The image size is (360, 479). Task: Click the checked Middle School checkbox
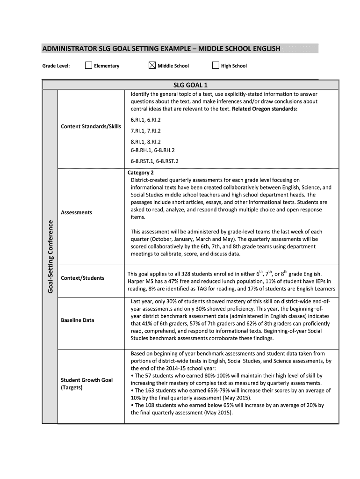[152, 65]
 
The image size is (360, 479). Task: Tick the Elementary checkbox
[88, 65]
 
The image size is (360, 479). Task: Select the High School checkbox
[216, 65]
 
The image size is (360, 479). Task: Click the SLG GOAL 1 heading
[190, 85]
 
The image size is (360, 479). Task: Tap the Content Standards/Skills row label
[91, 127]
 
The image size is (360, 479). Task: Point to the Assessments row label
[76, 212]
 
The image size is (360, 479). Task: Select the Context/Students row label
[82, 278]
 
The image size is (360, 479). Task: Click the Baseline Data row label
[77, 320]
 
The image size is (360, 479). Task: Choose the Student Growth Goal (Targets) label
[86, 384]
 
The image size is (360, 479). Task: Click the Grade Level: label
[56, 66]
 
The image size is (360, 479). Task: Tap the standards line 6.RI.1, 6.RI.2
[145, 120]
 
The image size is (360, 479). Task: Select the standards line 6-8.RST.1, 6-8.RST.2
[154, 161]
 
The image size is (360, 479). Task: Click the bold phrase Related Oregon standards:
[265, 109]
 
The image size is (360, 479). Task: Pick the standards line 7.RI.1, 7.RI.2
[145, 131]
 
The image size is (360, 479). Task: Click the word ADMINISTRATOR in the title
[69, 49]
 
